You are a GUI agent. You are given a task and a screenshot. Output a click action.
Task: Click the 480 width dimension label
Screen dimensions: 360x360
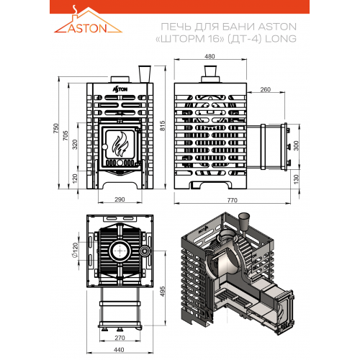pos(210,56)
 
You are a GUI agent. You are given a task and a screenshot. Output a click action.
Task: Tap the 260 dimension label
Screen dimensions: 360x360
pos(266,89)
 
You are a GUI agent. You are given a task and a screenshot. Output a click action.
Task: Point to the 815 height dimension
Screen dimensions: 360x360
pos(163,126)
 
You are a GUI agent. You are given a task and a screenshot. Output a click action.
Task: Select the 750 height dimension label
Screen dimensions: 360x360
pos(55,128)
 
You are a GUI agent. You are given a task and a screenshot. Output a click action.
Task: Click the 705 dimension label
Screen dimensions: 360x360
pos(66,135)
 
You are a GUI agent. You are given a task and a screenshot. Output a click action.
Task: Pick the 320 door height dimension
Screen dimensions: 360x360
pos(75,145)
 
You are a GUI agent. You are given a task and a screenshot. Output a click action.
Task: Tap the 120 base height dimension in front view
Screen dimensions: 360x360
pos(75,179)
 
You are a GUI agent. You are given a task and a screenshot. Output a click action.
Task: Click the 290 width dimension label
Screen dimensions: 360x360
pos(120,199)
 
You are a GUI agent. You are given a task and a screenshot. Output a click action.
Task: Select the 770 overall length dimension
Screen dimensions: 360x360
pos(233,200)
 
